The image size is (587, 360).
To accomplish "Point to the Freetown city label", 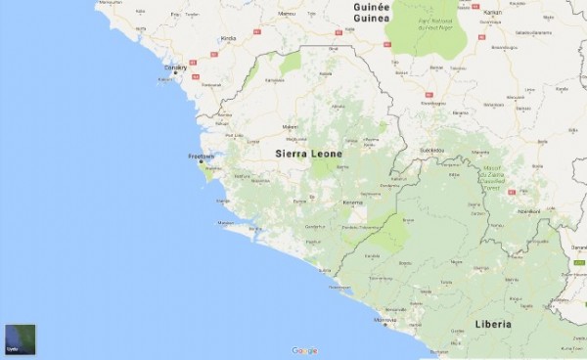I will [x=202, y=155].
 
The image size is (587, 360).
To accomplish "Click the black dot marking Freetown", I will [x=203, y=161].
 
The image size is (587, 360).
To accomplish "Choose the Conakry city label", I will [x=175, y=67].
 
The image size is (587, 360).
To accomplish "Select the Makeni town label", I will [x=290, y=127].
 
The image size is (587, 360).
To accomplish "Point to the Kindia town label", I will [x=229, y=38].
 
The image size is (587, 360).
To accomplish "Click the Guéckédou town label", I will [x=431, y=150].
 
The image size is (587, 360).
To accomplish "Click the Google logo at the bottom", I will [x=303, y=349].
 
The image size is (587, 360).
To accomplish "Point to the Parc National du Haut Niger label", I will [x=426, y=23].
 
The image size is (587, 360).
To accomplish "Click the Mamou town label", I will [x=287, y=14].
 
